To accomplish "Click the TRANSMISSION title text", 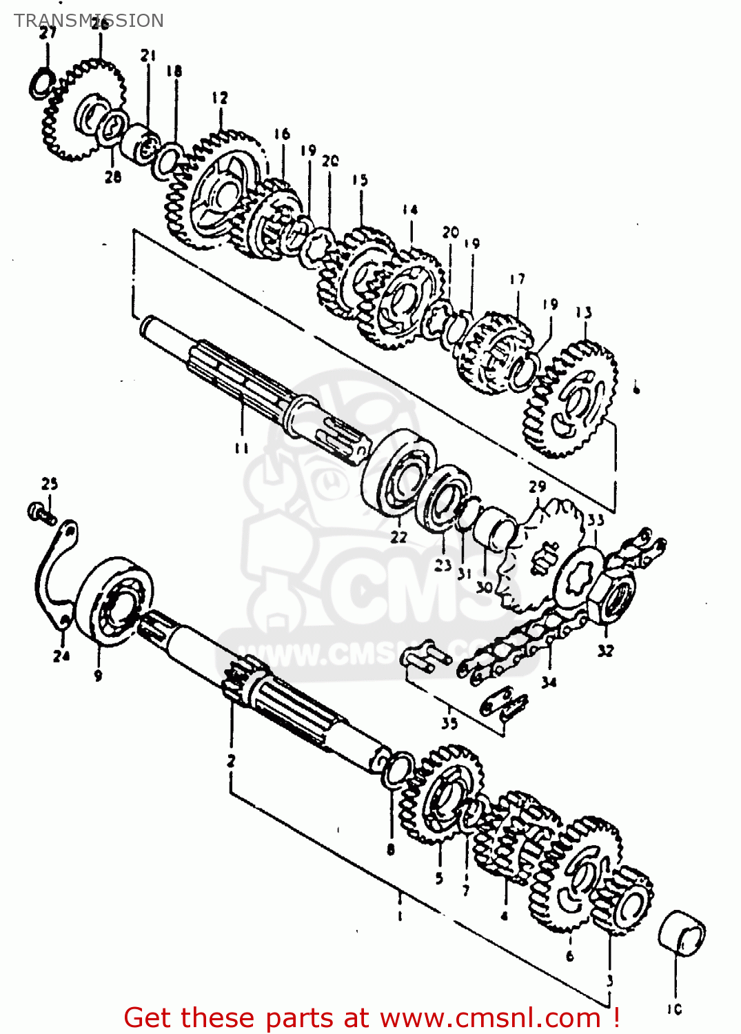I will coord(89,21).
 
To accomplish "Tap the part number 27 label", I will coord(47,33).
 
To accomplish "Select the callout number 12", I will coord(219,98).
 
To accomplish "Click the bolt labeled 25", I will coord(41,512).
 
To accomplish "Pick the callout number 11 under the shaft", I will coord(241,449).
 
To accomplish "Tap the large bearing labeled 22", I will coord(399,472).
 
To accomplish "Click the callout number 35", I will coord(449,723).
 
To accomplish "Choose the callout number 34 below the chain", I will coord(549,682).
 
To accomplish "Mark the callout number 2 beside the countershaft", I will coord(232,761).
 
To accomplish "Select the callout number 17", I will coord(517,279).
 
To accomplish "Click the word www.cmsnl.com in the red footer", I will coord(489,1017).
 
